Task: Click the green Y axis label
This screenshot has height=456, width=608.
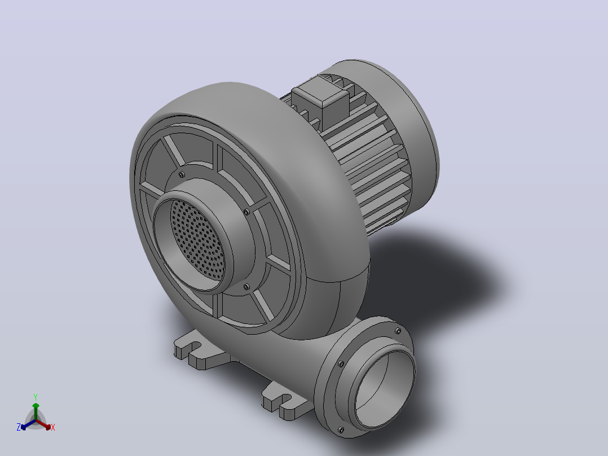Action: (x=36, y=397)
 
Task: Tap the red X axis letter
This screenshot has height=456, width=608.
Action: (x=53, y=427)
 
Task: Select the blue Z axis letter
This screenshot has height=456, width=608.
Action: (x=19, y=427)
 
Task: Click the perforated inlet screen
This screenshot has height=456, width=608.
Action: (x=198, y=239)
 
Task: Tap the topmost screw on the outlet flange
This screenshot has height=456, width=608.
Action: (x=398, y=331)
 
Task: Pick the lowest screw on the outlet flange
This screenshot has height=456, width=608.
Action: (x=341, y=430)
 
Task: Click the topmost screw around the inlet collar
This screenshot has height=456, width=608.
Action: (x=181, y=174)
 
